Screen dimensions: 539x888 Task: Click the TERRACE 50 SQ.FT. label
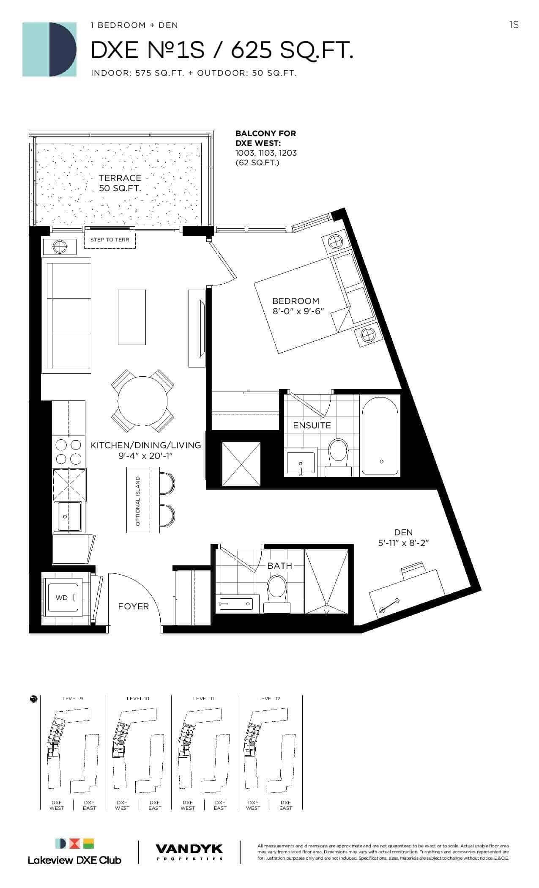(x=120, y=183)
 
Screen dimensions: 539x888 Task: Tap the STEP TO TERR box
(x=110, y=240)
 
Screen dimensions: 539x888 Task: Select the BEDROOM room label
(x=295, y=301)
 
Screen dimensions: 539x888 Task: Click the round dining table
(x=142, y=401)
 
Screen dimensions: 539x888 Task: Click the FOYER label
(x=134, y=606)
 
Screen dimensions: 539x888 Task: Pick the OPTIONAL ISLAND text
(x=138, y=501)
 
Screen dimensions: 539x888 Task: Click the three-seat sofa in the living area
(x=66, y=315)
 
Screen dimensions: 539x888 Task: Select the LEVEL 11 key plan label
(x=203, y=699)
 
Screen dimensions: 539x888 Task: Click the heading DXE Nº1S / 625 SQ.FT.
(x=222, y=51)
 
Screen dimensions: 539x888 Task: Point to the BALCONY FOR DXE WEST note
(x=266, y=148)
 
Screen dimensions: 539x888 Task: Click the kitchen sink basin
(x=69, y=516)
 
